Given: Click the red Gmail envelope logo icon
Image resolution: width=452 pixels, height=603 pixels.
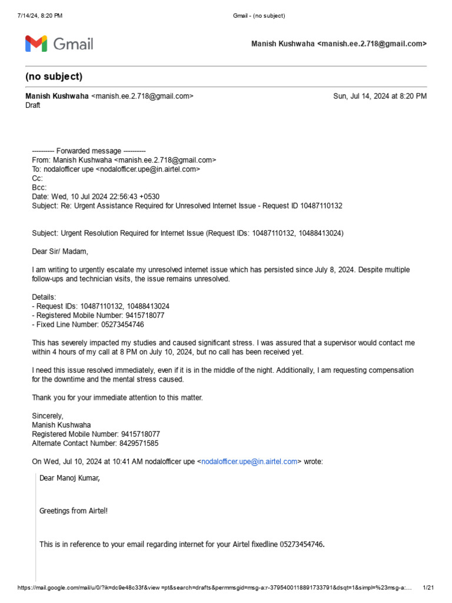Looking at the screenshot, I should click(x=36, y=44).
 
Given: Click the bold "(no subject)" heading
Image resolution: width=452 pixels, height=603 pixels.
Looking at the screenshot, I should click(x=54, y=77).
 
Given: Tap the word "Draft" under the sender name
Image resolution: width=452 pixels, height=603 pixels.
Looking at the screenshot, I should click(x=33, y=105).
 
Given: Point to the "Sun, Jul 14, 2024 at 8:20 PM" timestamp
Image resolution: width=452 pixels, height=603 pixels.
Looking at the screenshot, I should click(x=380, y=96).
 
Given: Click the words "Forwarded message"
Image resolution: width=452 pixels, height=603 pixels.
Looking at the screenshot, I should click(x=88, y=151).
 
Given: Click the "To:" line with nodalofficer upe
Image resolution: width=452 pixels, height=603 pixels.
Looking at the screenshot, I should click(x=116, y=169).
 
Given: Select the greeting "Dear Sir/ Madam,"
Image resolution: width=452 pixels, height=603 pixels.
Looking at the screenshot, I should click(x=59, y=251).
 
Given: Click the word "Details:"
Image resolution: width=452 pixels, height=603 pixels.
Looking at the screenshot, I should click(x=44, y=297).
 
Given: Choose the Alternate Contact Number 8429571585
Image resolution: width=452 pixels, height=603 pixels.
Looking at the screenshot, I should click(x=137, y=443).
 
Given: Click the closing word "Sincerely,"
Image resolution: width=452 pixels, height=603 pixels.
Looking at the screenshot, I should click(x=47, y=416).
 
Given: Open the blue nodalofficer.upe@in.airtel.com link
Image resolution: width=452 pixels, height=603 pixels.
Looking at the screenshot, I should click(x=250, y=462).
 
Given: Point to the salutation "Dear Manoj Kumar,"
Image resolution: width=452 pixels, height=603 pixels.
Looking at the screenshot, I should click(x=69, y=478).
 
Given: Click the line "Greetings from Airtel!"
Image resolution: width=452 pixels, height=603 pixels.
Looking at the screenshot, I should click(x=74, y=511).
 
